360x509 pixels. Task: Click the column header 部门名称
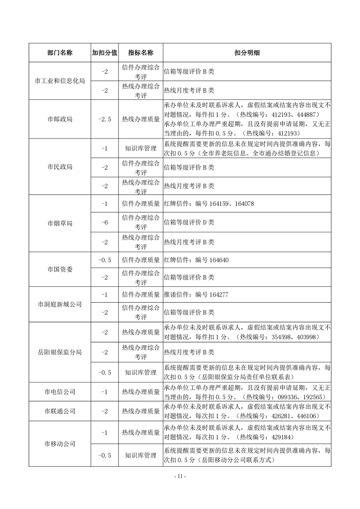point(59,53)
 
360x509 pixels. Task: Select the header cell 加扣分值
point(105,53)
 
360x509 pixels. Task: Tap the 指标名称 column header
point(141,53)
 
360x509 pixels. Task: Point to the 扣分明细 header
point(247,53)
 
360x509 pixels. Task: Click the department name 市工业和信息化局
point(59,81)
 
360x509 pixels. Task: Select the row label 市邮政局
point(59,119)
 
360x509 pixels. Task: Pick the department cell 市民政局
point(59,167)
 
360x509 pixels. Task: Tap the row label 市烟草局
point(59,224)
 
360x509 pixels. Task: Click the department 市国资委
point(59,269)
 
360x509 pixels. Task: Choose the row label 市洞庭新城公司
point(59,304)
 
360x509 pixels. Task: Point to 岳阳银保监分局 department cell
point(59,352)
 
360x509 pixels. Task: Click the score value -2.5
point(105,119)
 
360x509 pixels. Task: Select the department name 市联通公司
point(59,411)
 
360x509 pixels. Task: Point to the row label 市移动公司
point(59,444)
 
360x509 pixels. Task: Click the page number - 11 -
point(180,476)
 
